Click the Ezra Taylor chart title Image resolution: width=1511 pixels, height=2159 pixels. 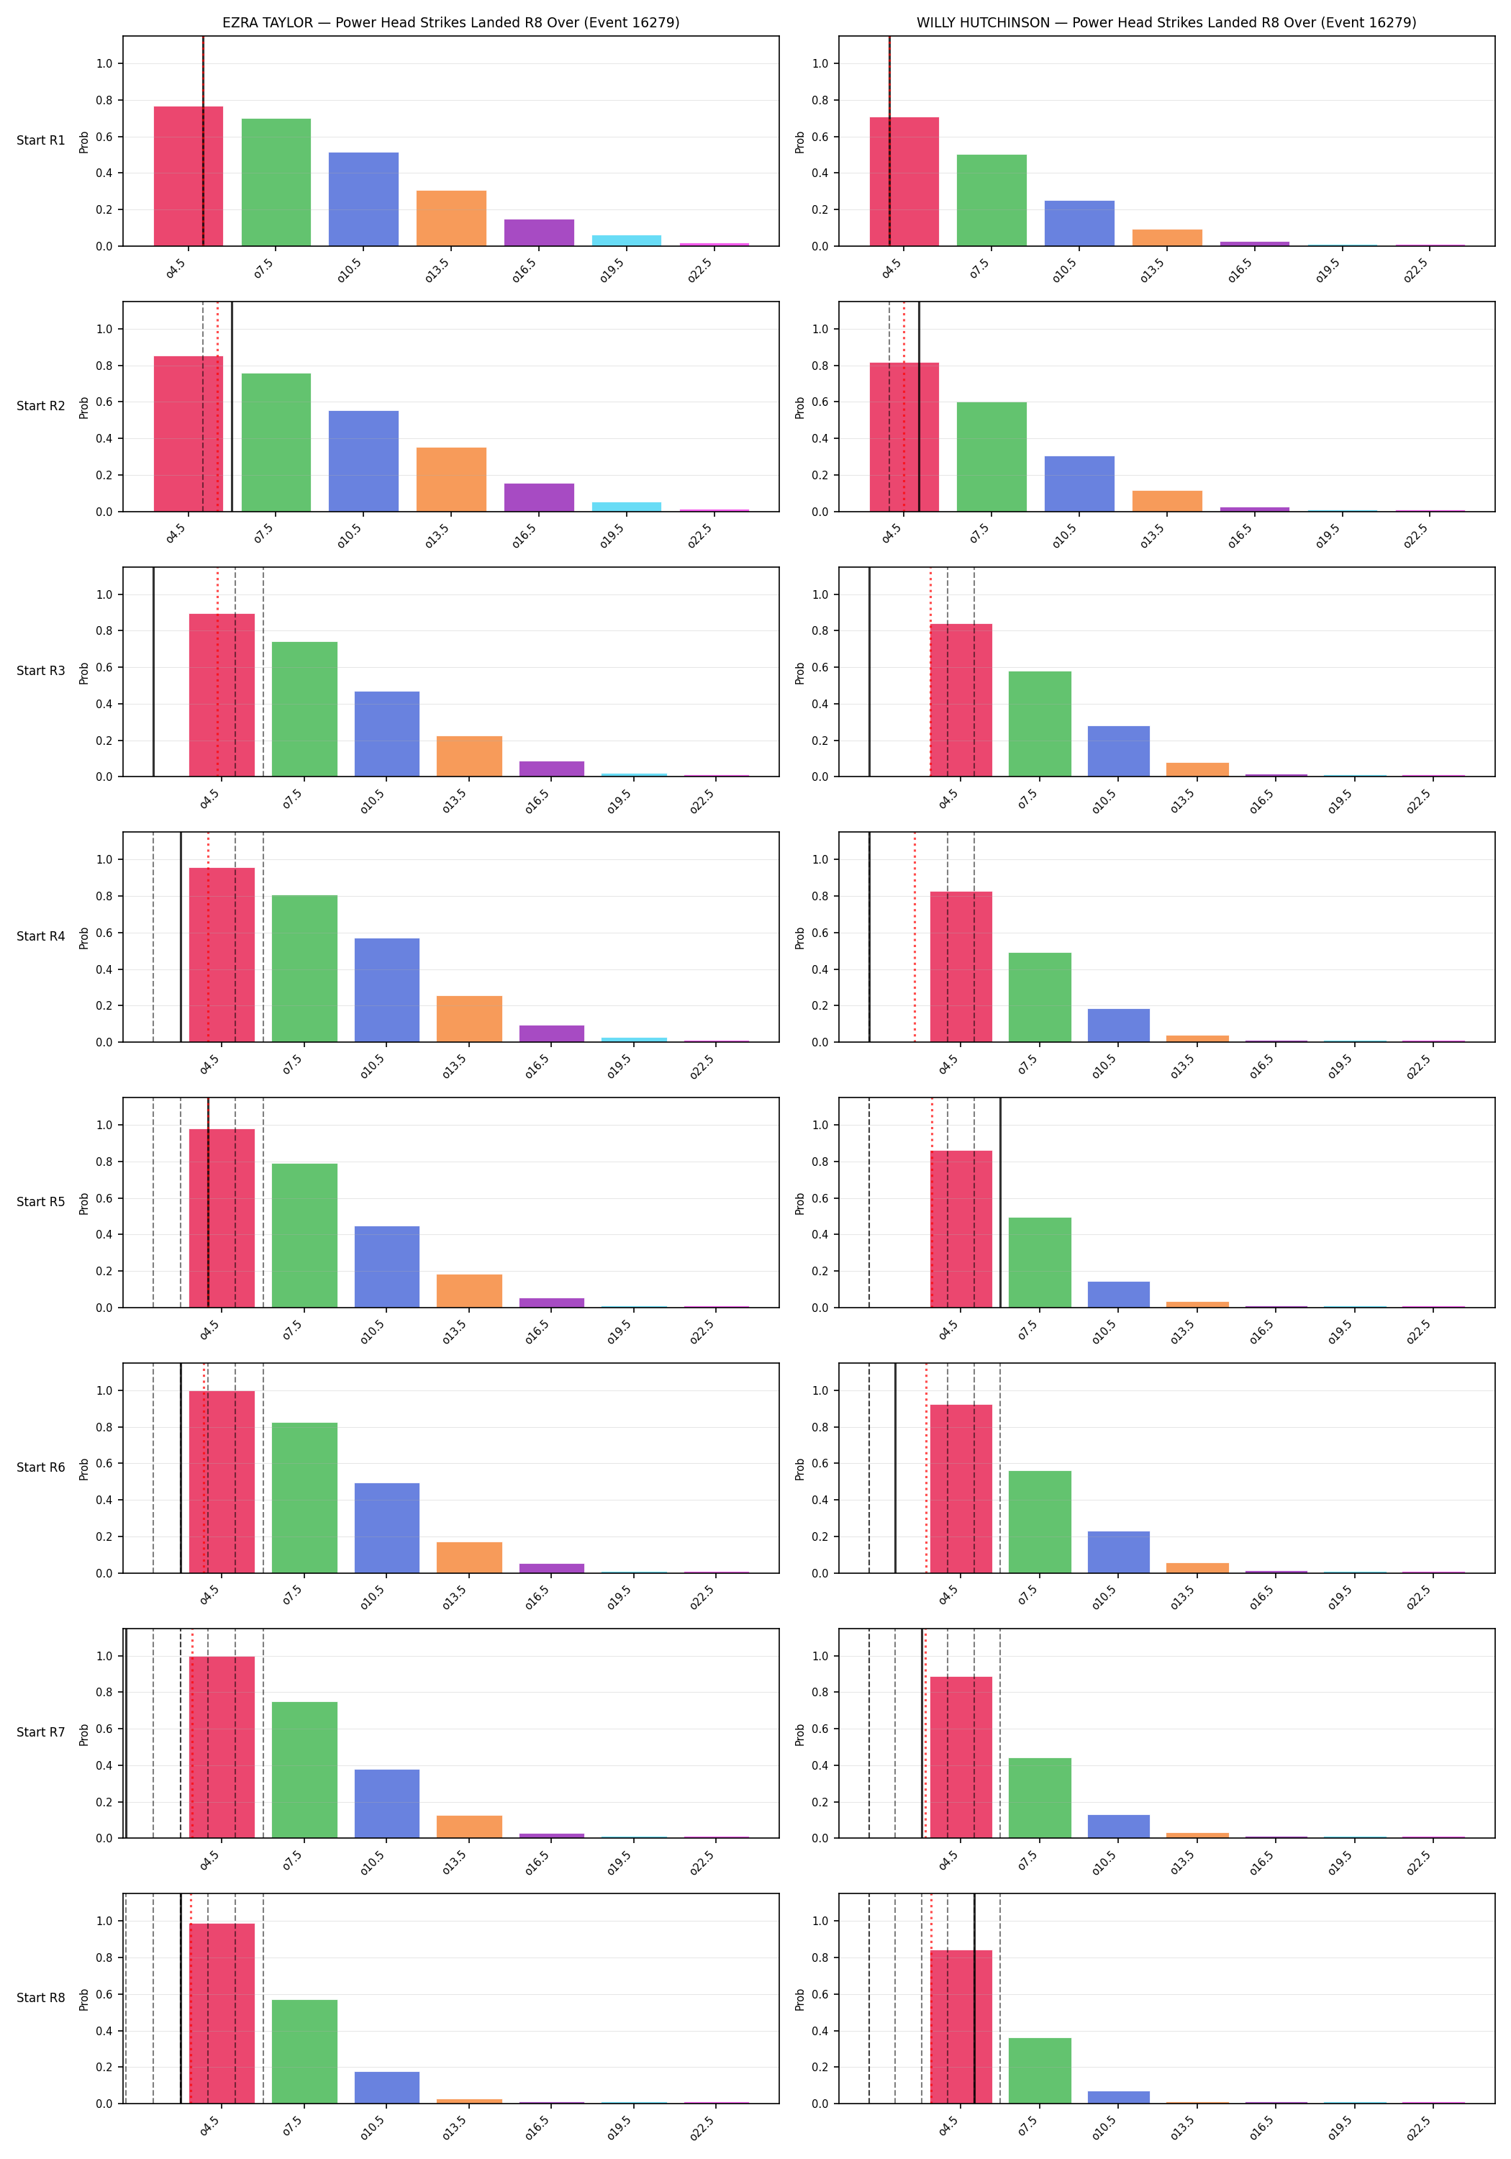(x=450, y=22)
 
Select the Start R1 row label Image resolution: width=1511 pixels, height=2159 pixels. (x=40, y=140)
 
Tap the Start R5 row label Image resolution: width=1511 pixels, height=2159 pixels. (x=40, y=1202)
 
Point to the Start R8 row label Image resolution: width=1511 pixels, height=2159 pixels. (x=40, y=1997)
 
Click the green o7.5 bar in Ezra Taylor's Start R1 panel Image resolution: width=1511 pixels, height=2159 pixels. (x=276, y=182)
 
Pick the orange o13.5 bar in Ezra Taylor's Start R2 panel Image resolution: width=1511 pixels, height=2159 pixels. (x=451, y=479)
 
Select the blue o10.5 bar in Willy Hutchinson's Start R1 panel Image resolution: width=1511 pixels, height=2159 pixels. (x=1079, y=224)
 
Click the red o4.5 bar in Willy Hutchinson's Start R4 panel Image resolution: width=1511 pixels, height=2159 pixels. (x=961, y=967)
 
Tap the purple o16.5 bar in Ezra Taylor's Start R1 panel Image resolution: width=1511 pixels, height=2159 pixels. (x=539, y=233)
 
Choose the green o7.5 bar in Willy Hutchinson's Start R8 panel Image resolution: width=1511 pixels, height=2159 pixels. (x=1040, y=2070)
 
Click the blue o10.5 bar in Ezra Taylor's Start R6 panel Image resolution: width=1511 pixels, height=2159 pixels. (x=387, y=1528)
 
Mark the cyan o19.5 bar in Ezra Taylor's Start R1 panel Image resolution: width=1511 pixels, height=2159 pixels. (x=626, y=240)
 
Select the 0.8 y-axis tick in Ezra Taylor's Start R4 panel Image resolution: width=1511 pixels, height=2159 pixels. (x=104, y=896)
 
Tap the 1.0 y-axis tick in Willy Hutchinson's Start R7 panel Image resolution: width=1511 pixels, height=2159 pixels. (x=820, y=1656)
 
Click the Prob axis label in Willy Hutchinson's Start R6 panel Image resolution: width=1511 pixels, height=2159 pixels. (x=800, y=1469)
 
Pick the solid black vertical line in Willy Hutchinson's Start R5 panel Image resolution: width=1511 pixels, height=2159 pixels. (x=1000, y=1203)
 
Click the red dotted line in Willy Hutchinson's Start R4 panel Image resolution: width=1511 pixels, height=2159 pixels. (x=915, y=938)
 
